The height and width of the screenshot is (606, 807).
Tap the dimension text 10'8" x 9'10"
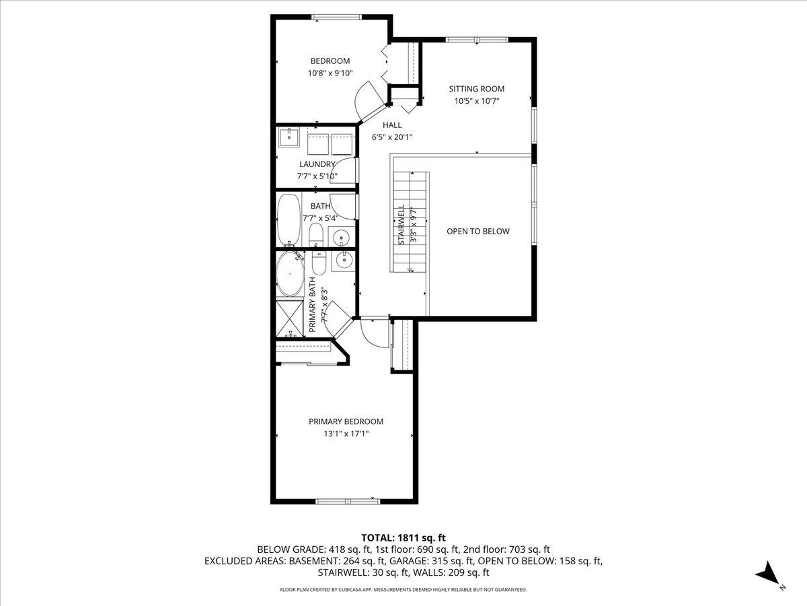click(x=330, y=73)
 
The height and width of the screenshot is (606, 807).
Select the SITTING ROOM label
click(x=476, y=89)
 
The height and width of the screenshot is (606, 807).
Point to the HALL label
click(x=392, y=125)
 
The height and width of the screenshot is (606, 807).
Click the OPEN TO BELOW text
click(x=477, y=232)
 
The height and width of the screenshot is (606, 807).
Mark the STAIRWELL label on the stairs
click(x=401, y=224)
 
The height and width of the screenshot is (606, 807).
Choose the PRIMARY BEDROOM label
click(x=346, y=422)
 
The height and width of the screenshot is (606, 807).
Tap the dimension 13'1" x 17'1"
click(x=346, y=434)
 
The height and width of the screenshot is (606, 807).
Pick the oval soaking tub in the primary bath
click(x=291, y=275)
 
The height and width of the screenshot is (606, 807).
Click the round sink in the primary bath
click(x=344, y=259)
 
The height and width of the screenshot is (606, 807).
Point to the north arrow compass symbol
click(x=768, y=576)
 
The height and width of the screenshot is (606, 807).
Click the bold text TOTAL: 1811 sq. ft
click(x=403, y=537)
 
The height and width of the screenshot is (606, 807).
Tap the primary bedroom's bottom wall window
click(x=348, y=501)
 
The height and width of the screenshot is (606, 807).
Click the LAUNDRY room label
click(x=317, y=164)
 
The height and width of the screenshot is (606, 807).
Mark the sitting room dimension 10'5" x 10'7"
click(x=476, y=101)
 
